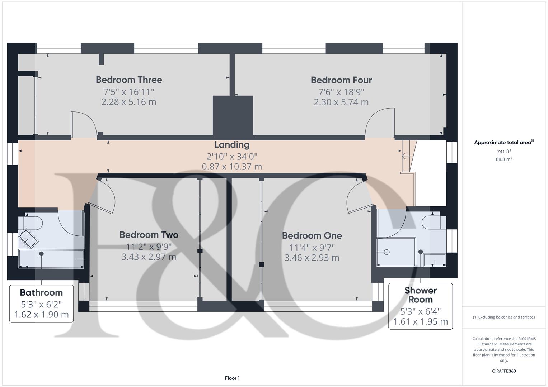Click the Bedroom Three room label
[129, 80]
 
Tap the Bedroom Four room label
[341, 80]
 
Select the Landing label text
[232, 145]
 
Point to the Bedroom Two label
[149, 235]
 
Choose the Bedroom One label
[312, 235]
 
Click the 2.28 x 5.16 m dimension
[129, 102]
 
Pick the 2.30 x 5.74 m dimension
[341, 102]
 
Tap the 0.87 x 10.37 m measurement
[232, 167]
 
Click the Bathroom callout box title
[41, 292]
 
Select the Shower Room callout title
[420, 295]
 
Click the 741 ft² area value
[504, 152]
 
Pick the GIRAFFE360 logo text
[503, 371]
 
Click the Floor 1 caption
[232, 378]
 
